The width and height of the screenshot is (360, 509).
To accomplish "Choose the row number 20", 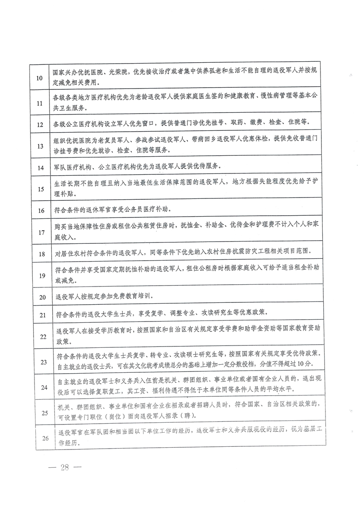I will (43, 297).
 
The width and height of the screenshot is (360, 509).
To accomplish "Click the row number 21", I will (43, 314).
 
